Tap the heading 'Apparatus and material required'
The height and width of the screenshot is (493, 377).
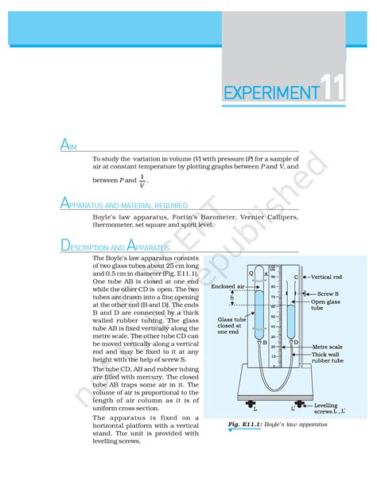point(124,204)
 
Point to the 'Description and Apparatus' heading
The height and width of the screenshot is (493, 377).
point(111,246)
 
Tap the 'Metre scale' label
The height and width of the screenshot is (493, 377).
point(327,347)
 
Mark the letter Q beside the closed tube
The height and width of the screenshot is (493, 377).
point(251,273)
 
